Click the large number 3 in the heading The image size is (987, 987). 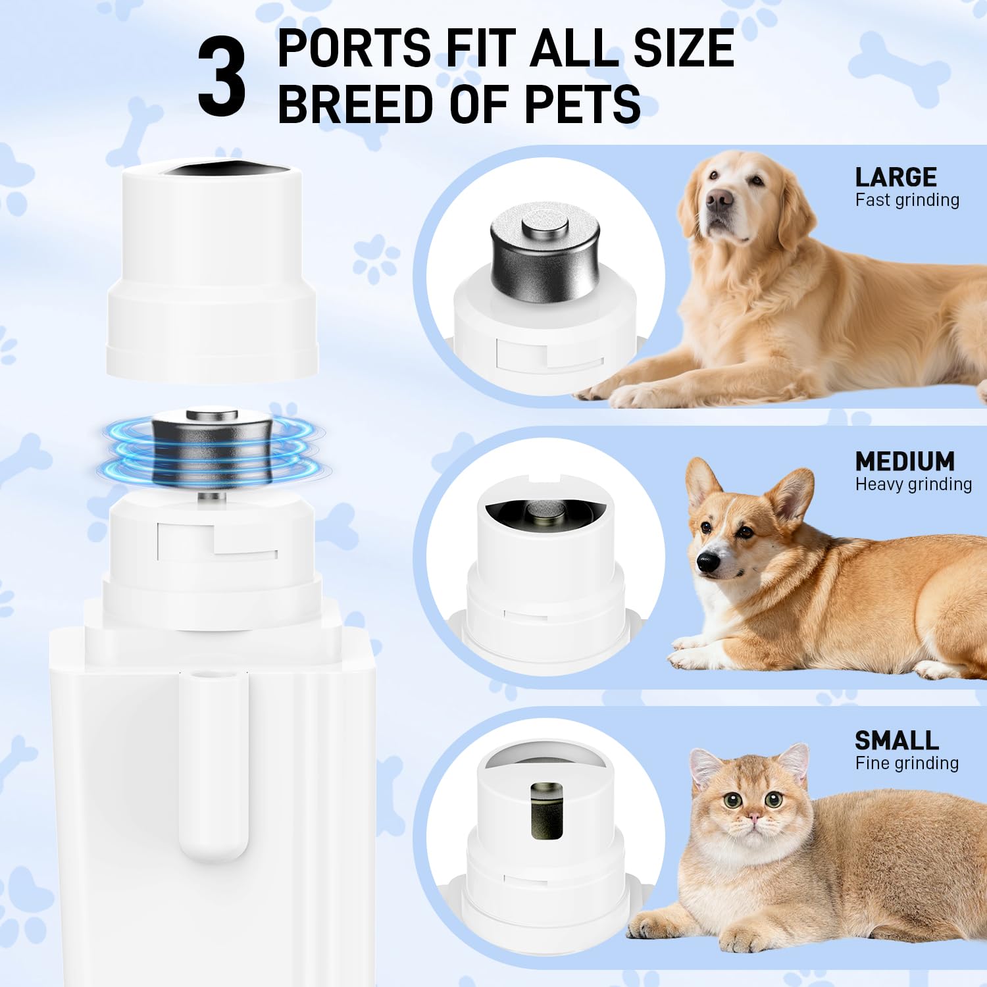(x=222, y=76)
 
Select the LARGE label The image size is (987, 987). (x=896, y=177)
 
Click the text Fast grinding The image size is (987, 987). (x=907, y=200)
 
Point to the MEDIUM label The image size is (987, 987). (x=905, y=461)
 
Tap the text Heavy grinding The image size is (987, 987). (x=913, y=484)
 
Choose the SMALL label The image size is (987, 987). (x=896, y=741)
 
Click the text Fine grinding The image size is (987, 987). (x=907, y=763)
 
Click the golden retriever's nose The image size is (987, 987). (x=719, y=199)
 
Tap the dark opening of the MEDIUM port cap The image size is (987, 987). (x=544, y=509)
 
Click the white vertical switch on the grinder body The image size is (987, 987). (x=213, y=765)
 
